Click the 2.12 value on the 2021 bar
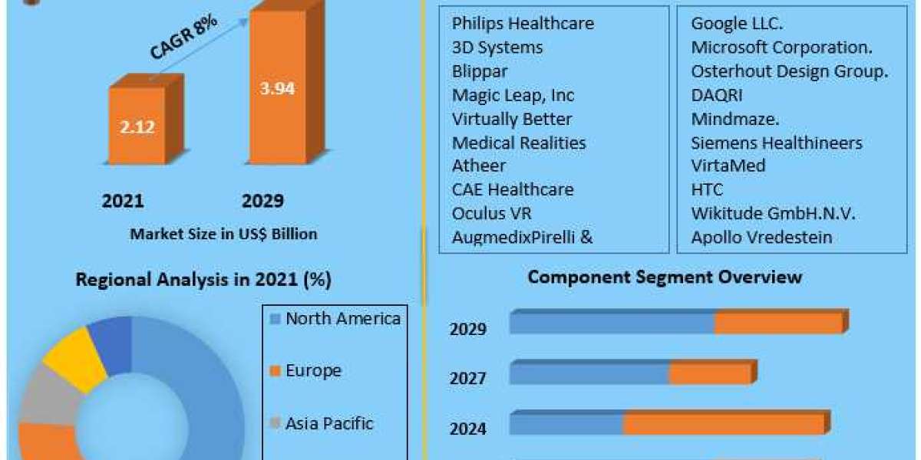pos(137,127)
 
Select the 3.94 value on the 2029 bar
pos(276,88)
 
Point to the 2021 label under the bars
pos(123,201)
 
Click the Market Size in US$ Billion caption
pos(223,234)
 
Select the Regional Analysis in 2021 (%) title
pos(203,280)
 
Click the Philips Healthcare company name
pos(523,23)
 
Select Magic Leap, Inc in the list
pos(513,95)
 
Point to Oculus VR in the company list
pos(491,212)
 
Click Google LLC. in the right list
pos(737,23)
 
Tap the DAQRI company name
pos(717,95)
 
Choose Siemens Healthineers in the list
pos(777,143)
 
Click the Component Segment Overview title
pos(665,277)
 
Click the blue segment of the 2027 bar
pos(589,373)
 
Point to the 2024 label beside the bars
pos(468,429)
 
